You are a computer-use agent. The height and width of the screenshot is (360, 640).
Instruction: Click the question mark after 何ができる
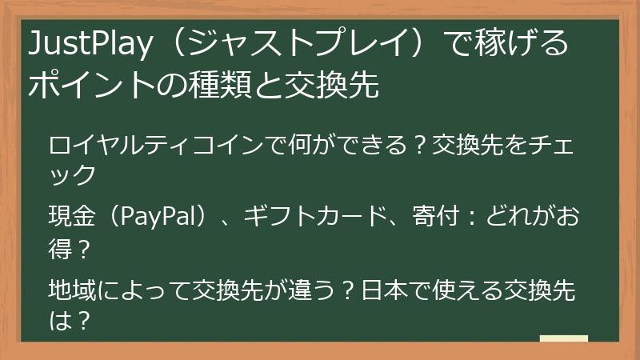pos(419,146)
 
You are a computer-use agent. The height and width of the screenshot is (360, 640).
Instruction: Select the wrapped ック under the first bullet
pos(73,173)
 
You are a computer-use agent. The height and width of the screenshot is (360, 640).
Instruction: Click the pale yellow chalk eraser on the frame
pos(563,339)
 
